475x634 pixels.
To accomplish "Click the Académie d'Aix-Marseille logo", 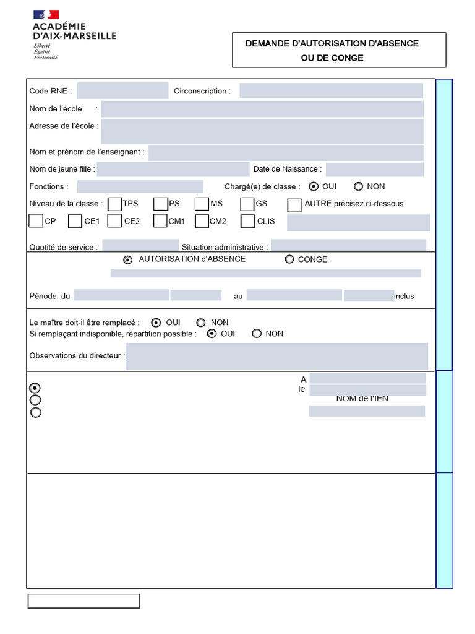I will click(74, 35).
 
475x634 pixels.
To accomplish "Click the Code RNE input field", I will click(122, 91).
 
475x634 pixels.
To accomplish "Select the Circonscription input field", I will click(331, 91).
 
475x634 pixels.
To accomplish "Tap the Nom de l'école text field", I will click(262, 109).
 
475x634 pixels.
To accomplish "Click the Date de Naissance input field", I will click(374, 170).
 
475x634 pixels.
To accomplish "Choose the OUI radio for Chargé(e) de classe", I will click(314, 186).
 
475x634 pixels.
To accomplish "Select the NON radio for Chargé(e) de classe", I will click(358, 186).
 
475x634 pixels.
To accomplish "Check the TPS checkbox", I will click(114, 204).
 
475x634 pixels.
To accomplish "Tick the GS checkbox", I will click(247, 204).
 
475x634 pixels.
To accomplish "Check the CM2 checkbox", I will click(202, 221).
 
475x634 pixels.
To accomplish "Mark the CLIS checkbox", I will click(247, 221).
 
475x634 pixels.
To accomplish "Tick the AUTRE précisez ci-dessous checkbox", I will click(294, 204).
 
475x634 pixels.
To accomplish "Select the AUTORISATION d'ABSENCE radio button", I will click(128, 260).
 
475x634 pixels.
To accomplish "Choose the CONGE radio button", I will click(289, 259).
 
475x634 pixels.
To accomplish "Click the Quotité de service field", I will click(140, 246).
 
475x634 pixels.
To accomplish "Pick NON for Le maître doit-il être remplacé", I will click(201, 323).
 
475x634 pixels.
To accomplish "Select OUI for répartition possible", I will click(212, 334).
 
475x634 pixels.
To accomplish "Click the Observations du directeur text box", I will click(276, 357).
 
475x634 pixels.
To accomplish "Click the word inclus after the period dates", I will click(404, 297).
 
